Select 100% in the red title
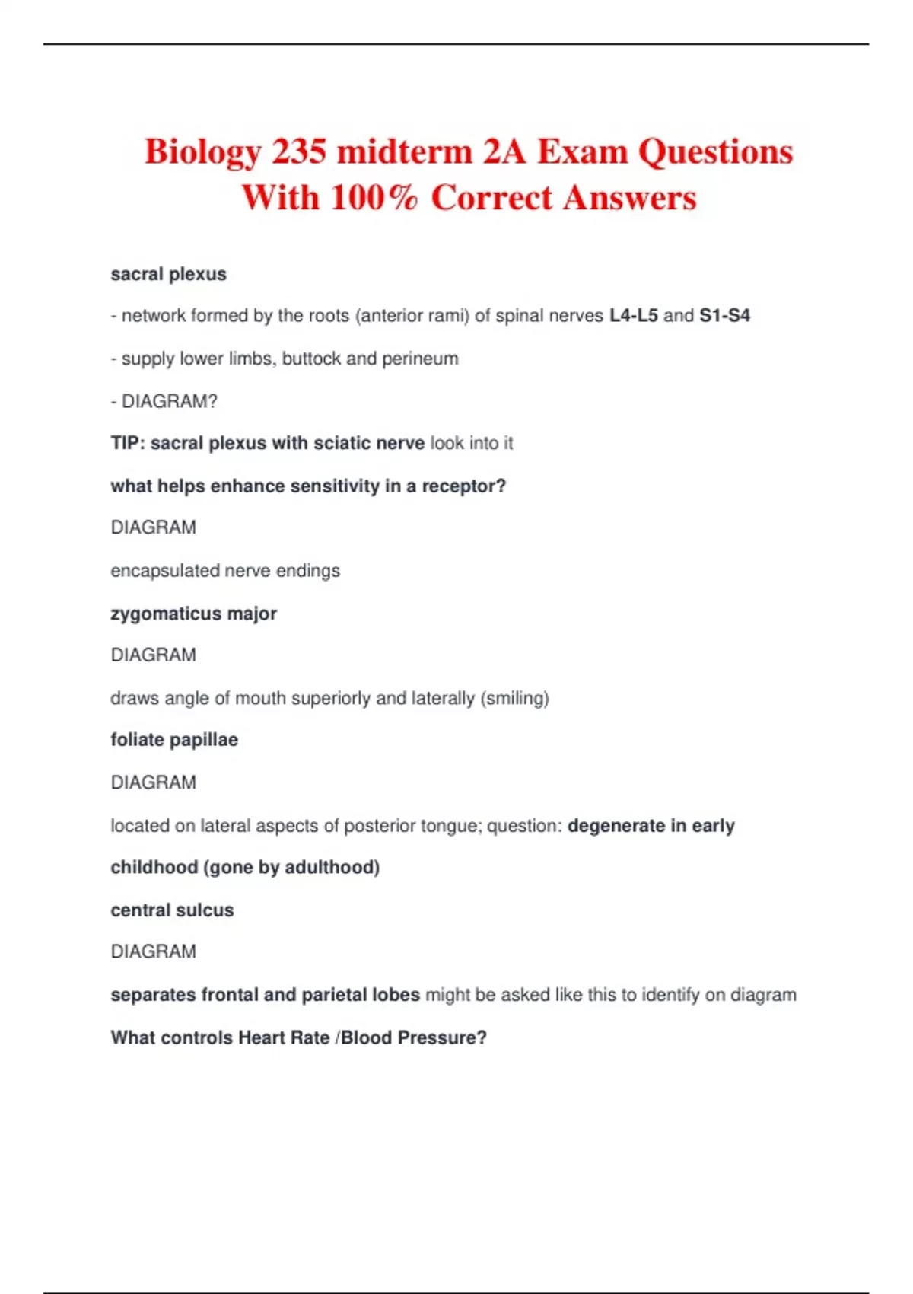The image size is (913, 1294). point(374,198)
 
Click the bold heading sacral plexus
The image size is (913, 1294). point(168,274)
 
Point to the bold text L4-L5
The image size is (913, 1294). point(634,315)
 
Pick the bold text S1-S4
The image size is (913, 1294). point(724,315)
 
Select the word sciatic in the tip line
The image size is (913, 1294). point(340,443)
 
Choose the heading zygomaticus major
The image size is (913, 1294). point(193,614)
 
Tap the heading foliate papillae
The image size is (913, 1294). point(174,740)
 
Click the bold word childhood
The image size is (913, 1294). point(154,868)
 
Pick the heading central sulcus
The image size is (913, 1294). point(172,910)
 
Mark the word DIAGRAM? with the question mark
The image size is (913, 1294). point(169,401)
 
